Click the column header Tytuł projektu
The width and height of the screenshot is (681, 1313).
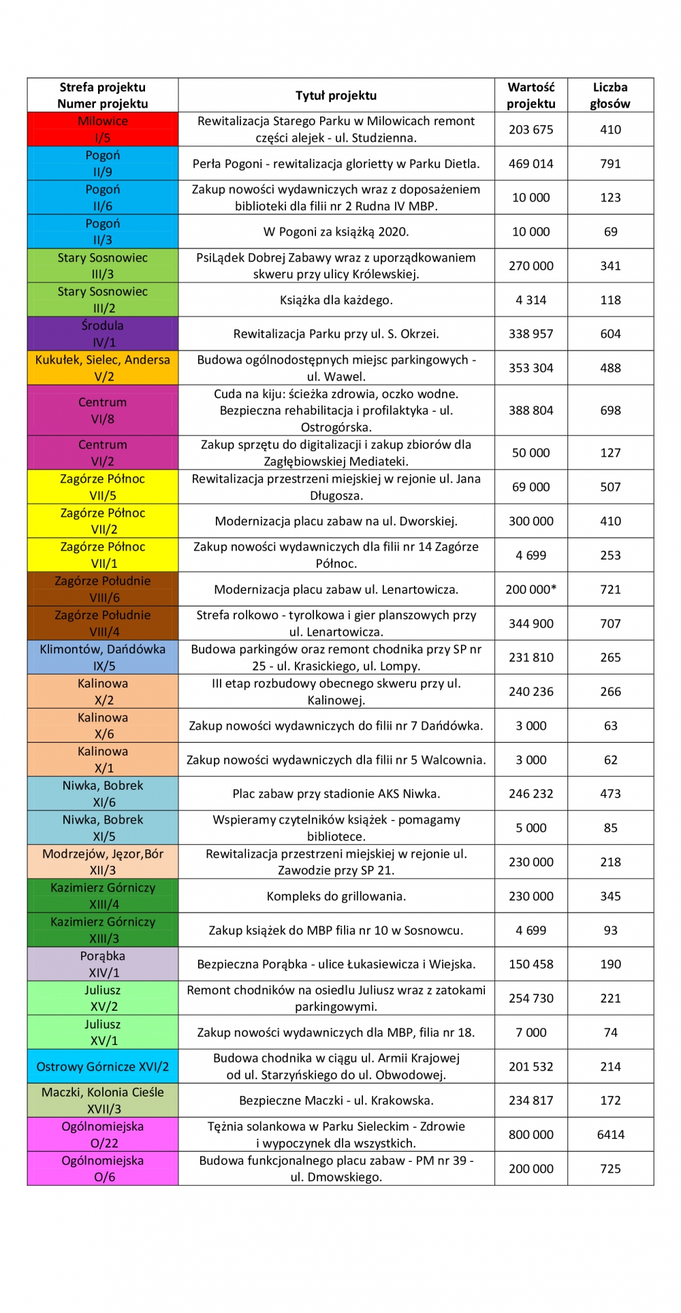pyautogui.click(x=336, y=95)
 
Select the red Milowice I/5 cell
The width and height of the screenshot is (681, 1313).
pyautogui.click(x=103, y=129)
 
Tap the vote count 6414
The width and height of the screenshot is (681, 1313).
pyautogui.click(x=610, y=1134)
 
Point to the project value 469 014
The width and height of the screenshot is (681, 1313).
pyautogui.click(x=530, y=163)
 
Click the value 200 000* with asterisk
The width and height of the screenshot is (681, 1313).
pyautogui.click(x=530, y=589)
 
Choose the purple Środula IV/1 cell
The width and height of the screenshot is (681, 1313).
pyautogui.click(x=103, y=334)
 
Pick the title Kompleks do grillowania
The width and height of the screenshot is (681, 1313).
pyautogui.click(x=336, y=896)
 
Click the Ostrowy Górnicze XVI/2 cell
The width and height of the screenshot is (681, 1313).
pyautogui.click(x=103, y=1066)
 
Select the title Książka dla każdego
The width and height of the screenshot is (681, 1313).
pyautogui.click(x=336, y=299)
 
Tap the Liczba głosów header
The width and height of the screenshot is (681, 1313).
pyautogui.click(x=610, y=95)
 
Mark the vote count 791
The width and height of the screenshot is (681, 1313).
pyautogui.click(x=610, y=163)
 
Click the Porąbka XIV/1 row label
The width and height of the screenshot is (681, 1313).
pyautogui.click(x=103, y=964)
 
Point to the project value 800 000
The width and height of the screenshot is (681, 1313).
pyautogui.click(x=530, y=1134)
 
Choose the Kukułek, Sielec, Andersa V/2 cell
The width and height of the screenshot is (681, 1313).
pyautogui.click(x=103, y=368)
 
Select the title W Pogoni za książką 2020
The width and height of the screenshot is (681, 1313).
pyautogui.click(x=336, y=231)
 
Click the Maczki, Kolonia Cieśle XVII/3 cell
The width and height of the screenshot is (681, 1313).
pyautogui.click(x=103, y=1100)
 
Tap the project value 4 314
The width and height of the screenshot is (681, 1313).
pyautogui.click(x=530, y=299)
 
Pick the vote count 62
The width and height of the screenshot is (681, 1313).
pyautogui.click(x=610, y=760)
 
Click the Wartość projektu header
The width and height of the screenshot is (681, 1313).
pyautogui.click(x=530, y=95)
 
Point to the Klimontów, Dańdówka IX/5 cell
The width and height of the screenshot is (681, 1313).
pyautogui.click(x=103, y=657)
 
